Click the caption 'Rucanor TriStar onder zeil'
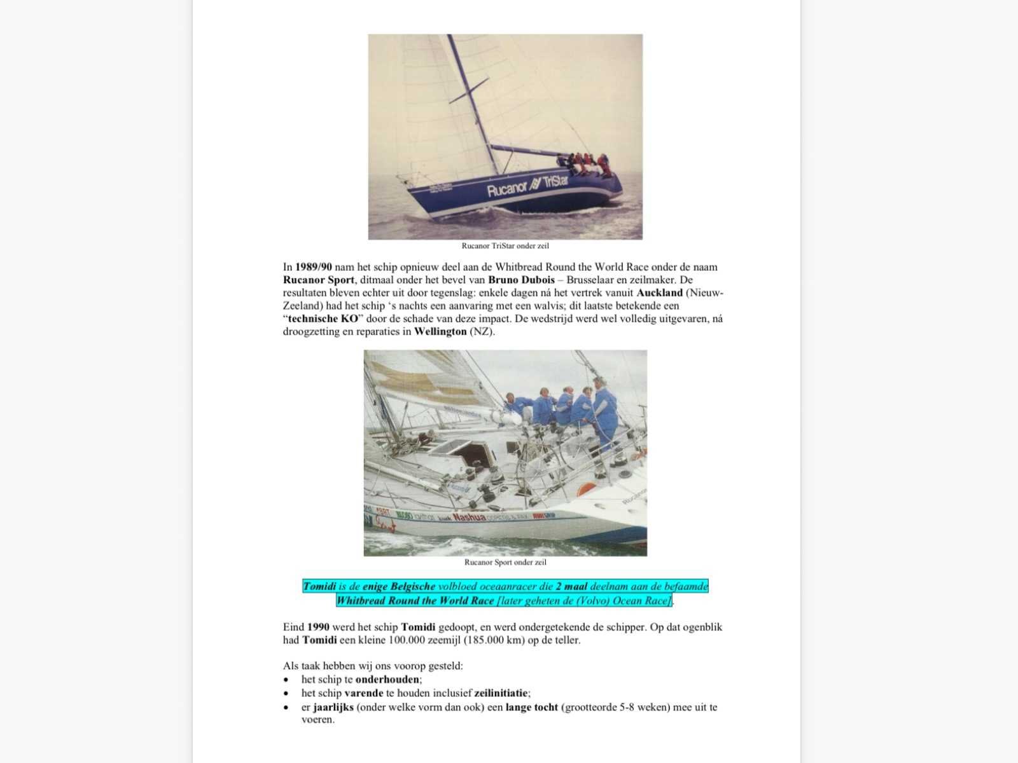(x=505, y=246)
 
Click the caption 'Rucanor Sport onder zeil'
(x=505, y=562)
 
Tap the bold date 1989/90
(x=314, y=267)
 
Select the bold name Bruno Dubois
(x=521, y=280)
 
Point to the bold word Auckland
(x=659, y=292)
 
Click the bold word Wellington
(x=440, y=331)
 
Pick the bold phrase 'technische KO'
(x=323, y=319)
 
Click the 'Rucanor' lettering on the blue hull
(x=507, y=189)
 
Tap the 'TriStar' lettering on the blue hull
(x=555, y=182)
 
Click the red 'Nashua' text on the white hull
(x=469, y=518)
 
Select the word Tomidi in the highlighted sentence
(x=319, y=586)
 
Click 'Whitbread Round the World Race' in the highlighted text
(x=415, y=601)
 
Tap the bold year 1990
(x=318, y=627)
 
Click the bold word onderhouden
(x=387, y=679)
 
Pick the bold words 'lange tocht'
(x=532, y=707)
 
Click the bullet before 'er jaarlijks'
(x=286, y=708)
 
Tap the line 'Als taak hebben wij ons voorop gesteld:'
(x=373, y=666)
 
